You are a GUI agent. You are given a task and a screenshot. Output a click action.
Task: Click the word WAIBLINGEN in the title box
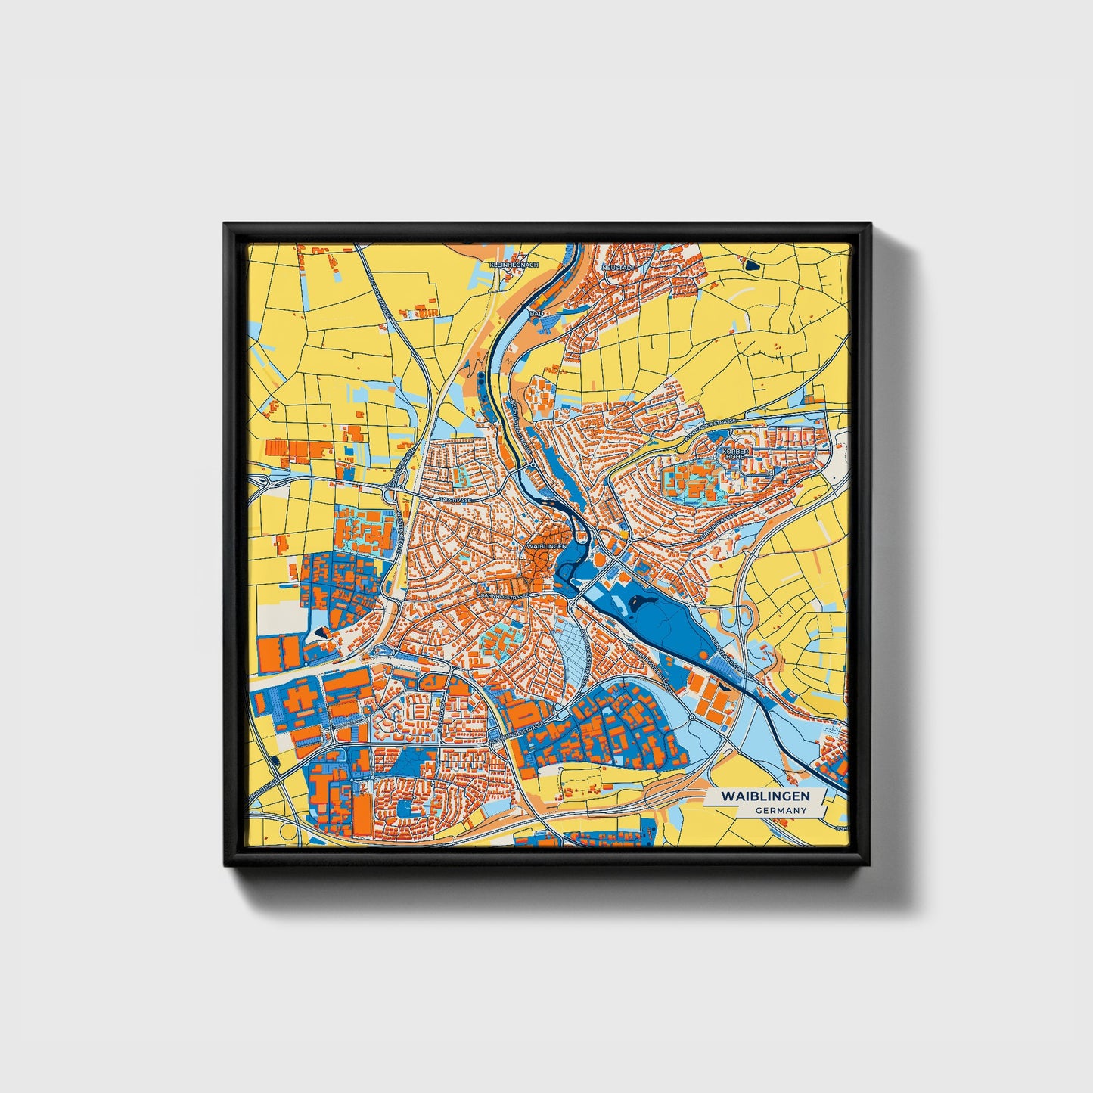click(765, 796)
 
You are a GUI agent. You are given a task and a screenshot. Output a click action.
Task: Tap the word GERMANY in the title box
click(780, 810)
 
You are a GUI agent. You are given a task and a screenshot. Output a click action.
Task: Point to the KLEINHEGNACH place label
click(514, 265)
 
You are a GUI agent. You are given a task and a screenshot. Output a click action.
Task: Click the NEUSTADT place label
click(616, 267)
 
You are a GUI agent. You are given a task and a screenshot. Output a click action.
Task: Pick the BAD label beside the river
click(537, 312)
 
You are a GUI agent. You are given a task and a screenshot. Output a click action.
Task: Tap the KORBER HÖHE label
click(734, 453)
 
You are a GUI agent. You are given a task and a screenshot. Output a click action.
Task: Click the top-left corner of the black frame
click(225, 225)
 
